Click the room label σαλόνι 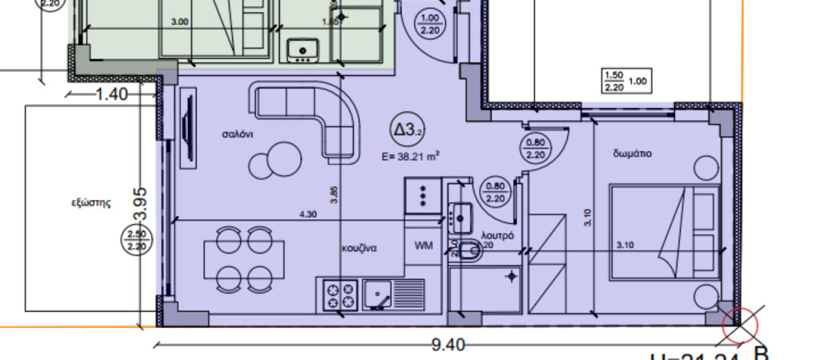click(x=238, y=134)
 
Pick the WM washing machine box click(x=423, y=246)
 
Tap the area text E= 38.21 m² click(x=413, y=157)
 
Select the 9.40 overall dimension click(x=448, y=345)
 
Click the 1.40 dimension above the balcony click(x=111, y=94)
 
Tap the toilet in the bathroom click(x=469, y=251)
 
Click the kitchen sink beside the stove click(x=380, y=294)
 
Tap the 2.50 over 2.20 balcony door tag click(x=133, y=240)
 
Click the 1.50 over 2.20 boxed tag click(x=613, y=81)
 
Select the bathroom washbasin click(x=461, y=214)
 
